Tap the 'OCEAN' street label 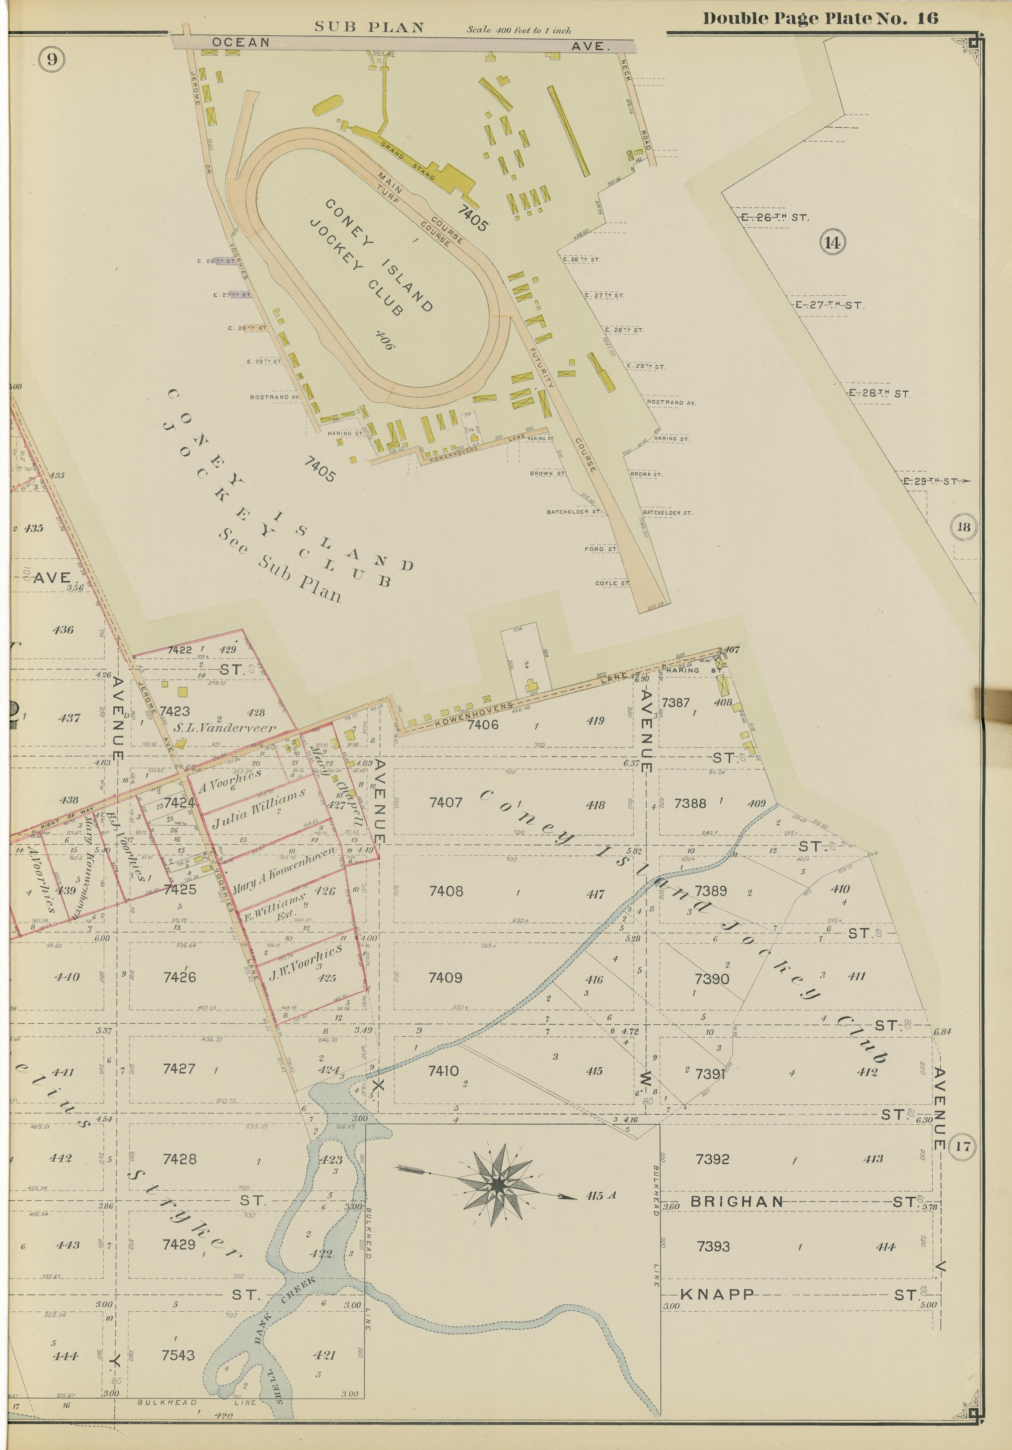(x=240, y=42)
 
